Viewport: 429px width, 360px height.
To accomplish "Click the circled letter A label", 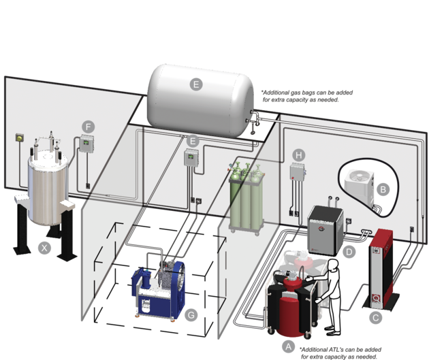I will [288, 346].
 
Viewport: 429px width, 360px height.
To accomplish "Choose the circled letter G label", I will [191, 314].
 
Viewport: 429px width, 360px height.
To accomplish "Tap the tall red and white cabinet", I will [379, 272].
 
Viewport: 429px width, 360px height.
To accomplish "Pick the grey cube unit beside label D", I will [325, 228].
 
